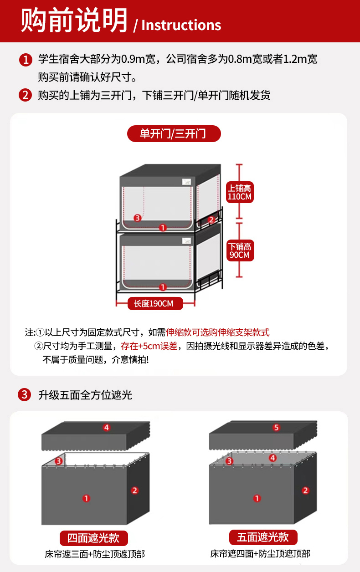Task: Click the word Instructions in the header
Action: pos(181,25)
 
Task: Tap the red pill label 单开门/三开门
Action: pos(174,133)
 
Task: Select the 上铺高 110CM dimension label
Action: pos(240,192)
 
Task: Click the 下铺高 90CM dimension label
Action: pos(240,250)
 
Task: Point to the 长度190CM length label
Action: pos(155,303)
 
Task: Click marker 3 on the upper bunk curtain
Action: pos(138,218)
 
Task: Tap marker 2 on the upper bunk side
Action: pos(211,220)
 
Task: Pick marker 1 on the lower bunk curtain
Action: pos(163,287)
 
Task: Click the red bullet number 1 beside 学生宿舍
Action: pos(26,60)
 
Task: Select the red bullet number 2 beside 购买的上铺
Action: pos(26,95)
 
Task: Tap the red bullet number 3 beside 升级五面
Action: pos(24,394)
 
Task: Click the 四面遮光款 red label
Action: pos(94,538)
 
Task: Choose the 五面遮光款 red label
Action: pos(263,537)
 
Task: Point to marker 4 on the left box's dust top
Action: pos(107,428)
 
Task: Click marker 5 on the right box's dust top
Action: pos(276,428)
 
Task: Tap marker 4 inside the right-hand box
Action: pos(273,458)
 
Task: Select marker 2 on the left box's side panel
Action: pos(134,490)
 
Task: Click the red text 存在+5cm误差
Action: pos(149,346)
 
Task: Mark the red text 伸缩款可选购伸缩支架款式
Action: pos(218,332)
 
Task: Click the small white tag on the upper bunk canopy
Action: pos(186,182)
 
